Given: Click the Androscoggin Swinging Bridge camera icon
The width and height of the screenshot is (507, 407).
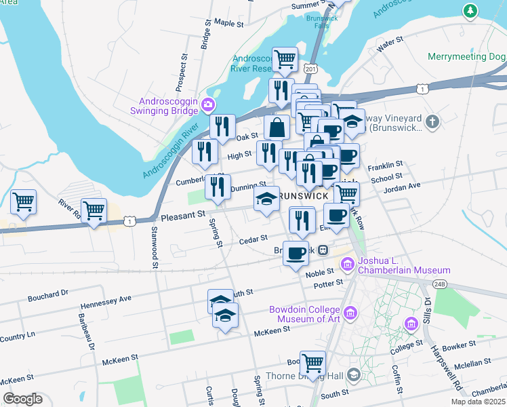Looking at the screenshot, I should [208, 104].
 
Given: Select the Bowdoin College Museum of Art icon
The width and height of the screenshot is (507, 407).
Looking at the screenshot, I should [350, 312].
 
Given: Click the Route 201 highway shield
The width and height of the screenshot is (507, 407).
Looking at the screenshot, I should [311, 69].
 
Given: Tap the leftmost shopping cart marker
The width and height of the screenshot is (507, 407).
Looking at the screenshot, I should [23, 201].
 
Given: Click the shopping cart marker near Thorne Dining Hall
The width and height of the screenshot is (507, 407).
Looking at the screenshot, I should [312, 363].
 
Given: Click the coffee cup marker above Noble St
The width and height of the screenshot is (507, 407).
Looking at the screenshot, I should [296, 253].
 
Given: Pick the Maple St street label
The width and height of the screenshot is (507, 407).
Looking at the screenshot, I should [228, 23].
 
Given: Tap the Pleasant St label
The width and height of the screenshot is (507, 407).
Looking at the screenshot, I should [183, 216].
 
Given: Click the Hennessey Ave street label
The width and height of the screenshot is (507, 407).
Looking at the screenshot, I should [106, 298].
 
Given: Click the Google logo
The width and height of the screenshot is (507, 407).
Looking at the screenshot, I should [22, 398].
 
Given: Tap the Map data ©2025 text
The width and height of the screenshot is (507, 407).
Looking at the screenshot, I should [479, 402].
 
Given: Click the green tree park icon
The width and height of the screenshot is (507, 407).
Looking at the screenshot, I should [469, 11].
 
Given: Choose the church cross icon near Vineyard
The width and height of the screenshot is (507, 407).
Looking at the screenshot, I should [433, 121].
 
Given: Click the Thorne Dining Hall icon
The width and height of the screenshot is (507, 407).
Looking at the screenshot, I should [353, 375].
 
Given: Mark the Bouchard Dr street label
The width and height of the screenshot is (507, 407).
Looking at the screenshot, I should [48, 294].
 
